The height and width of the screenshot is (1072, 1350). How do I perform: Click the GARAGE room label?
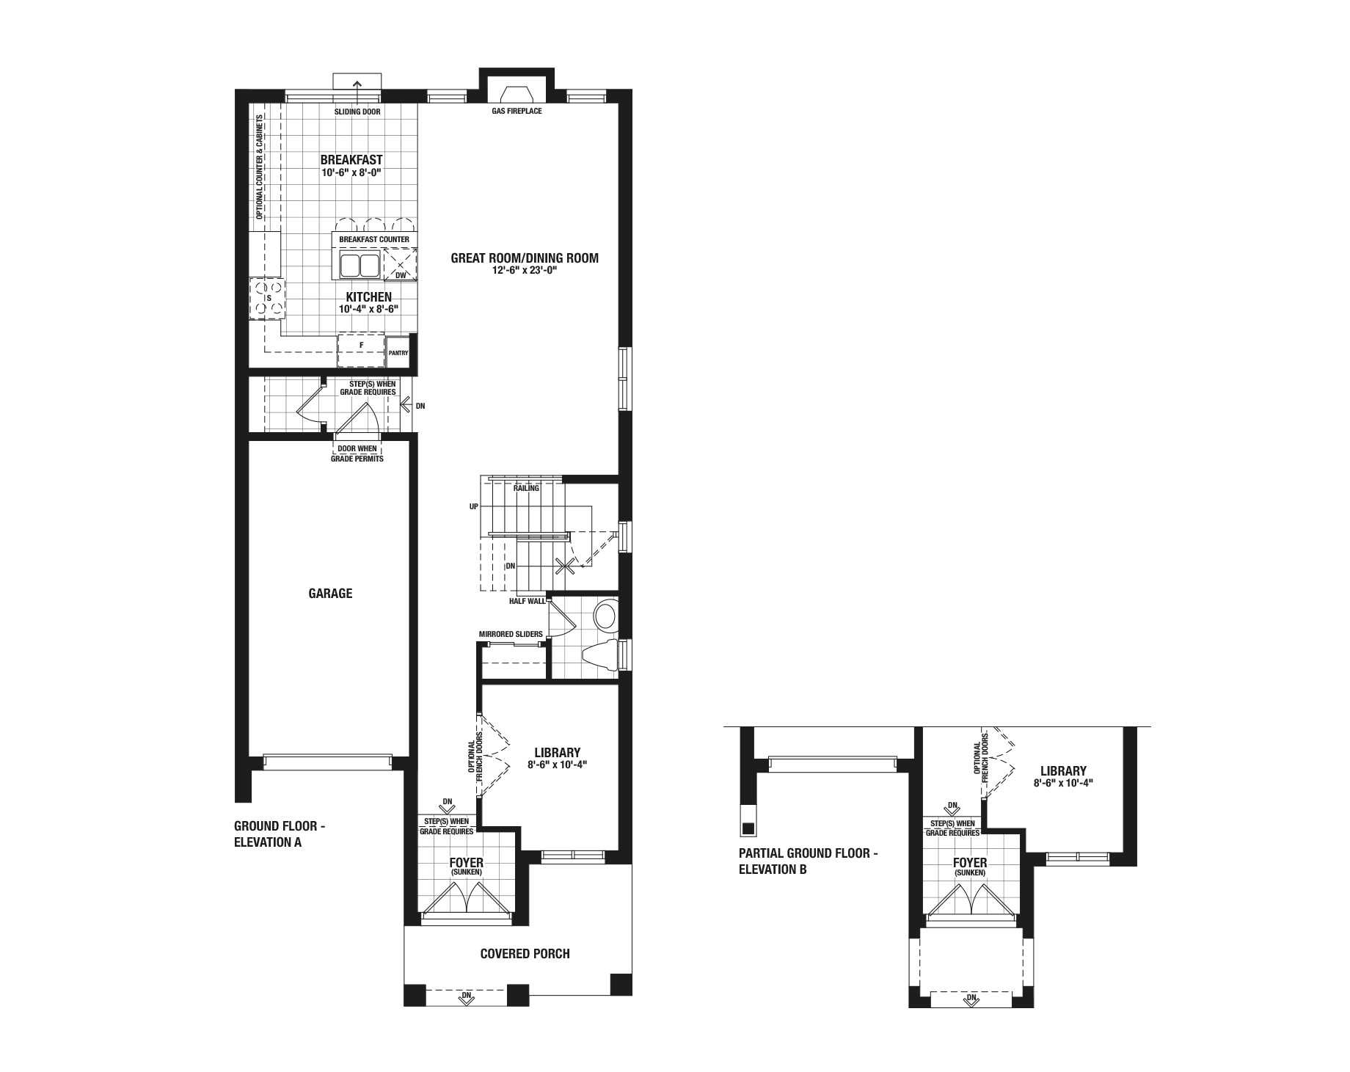(x=330, y=593)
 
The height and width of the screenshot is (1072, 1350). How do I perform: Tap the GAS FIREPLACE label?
(x=517, y=112)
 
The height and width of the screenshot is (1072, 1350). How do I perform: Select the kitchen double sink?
(x=359, y=265)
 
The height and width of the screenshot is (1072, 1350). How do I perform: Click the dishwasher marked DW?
(x=401, y=264)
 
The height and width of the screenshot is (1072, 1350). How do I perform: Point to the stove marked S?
(x=267, y=299)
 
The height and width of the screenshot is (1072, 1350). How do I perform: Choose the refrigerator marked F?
(x=361, y=350)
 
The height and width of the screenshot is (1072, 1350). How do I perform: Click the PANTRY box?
(x=398, y=352)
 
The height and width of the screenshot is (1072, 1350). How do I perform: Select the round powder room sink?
(x=606, y=616)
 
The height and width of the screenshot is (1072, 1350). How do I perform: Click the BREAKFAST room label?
(x=351, y=160)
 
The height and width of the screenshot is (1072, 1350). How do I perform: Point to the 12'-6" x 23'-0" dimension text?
(x=525, y=270)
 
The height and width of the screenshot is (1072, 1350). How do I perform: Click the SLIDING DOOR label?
(x=357, y=112)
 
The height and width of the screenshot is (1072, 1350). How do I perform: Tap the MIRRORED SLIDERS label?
(x=511, y=634)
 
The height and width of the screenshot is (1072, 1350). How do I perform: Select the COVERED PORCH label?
(x=525, y=953)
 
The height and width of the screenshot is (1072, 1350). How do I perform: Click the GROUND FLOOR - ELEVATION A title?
(x=280, y=834)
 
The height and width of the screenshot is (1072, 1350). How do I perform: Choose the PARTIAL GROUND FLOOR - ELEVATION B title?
(x=809, y=861)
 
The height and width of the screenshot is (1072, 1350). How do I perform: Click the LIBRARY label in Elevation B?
(x=1063, y=771)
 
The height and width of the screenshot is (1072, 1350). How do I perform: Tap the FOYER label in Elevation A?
(x=467, y=862)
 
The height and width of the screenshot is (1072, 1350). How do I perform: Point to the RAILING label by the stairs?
(x=526, y=488)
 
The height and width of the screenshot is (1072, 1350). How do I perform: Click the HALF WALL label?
(x=528, y=601)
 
